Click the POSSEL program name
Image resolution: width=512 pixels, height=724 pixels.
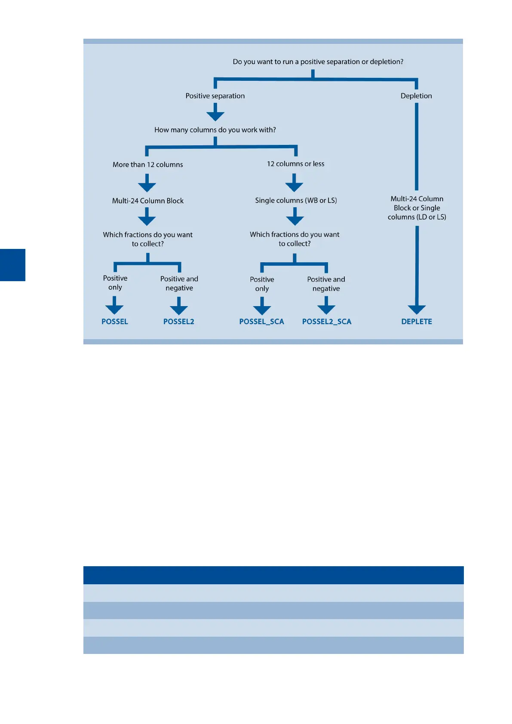click(115, 322)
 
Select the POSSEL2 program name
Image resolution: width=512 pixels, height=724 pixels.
click(178, 322)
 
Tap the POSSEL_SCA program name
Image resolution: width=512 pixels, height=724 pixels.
click(261, 322)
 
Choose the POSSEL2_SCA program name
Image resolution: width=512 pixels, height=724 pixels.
click(327, 322)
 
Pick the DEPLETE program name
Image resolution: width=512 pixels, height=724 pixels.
click(417, 322)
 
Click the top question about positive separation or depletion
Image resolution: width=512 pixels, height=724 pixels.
click(318, 62)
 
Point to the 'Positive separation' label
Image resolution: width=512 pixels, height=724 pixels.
click(215, 96)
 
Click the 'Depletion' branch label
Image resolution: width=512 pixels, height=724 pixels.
click(416, 96)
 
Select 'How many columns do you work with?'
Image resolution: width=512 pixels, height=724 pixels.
click(215, 130)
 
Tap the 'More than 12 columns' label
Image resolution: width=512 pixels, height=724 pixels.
click(147, 165)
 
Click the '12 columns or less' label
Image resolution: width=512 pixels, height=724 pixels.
click(295, 164)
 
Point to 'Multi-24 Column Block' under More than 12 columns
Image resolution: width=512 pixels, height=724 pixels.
click(147, 201)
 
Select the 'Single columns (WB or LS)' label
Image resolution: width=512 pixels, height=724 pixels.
click(296, 200)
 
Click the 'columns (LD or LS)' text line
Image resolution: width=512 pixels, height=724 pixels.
click(417, 217)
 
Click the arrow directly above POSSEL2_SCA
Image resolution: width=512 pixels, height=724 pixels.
click(326, 306)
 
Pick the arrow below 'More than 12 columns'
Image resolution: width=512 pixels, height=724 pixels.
click(147, 184)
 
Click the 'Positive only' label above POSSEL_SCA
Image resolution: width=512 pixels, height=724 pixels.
click(262, 284)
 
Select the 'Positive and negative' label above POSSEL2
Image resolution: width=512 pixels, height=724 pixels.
click(179, 283)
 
